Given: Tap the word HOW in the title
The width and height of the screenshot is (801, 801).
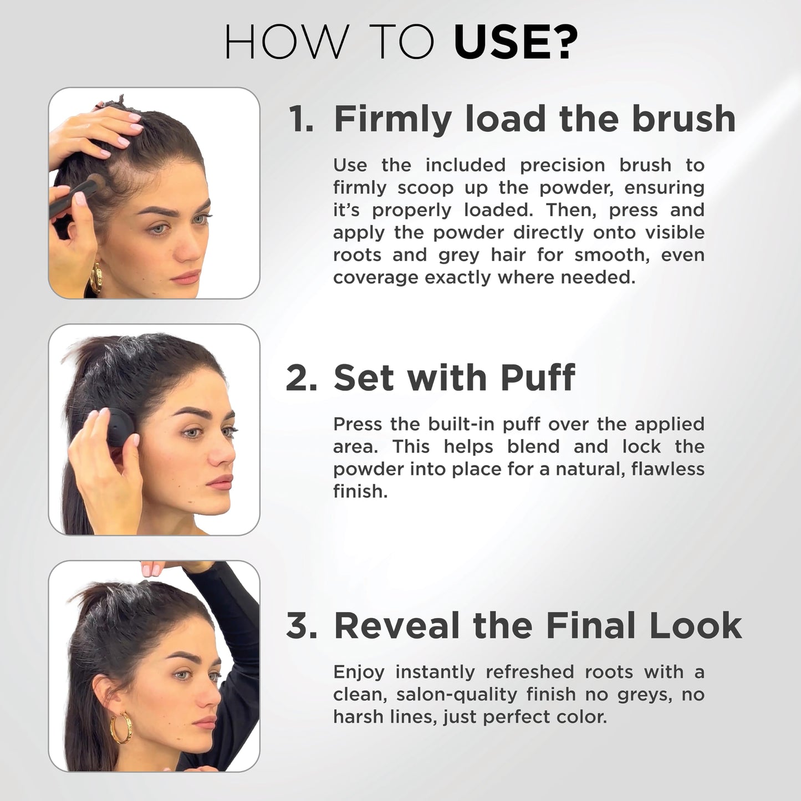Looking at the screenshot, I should pyautogui.click(x=286, y=43).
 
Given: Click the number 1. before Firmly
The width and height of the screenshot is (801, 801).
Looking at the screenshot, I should pyautogui.click(x=301, y=119).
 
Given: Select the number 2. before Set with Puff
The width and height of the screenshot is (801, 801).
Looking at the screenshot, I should pyautogui.click(x=302, y=378).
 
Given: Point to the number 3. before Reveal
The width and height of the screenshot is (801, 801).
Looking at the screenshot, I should pyautogui.click(x=302, y=626).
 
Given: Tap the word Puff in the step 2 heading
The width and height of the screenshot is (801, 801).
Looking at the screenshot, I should pyautogui.click(x=537, y=378).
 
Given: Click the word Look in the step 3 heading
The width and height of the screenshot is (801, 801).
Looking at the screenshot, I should pyautogui.click(x=695, y=626).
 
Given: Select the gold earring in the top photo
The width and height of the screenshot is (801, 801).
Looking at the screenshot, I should pyautogui.click(x=96, y=277).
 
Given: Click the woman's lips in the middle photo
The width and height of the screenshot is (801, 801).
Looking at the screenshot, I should pyautogui.click(x=221, y=482).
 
